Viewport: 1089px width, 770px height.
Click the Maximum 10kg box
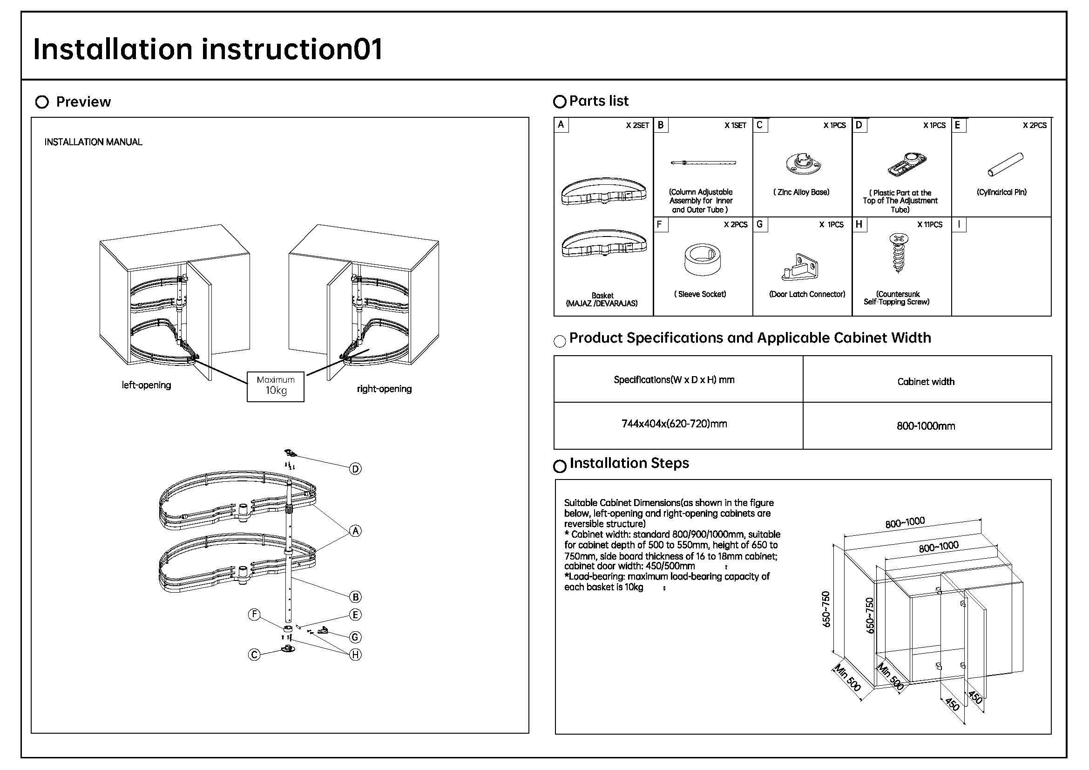tap(275, 386)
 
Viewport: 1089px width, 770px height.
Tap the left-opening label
tap(146, 385)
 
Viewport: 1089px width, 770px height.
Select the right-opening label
tap(384, 389)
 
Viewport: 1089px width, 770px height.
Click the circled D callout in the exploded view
tap(355, 469)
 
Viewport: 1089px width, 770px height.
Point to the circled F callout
tap(254, 615)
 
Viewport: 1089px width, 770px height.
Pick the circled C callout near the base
tap(254, 655)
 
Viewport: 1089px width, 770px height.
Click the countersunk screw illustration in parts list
tap(898, 253)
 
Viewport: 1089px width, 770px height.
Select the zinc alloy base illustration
tap(803, 163)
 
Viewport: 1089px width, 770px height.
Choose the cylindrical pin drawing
tap(1005, 164)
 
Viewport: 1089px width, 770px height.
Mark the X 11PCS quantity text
tap(930, 225)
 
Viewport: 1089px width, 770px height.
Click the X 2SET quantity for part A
tap(637, 126)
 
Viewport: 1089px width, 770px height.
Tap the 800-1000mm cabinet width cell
tap(926, 426)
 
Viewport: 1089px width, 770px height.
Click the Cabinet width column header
tap(926, 382)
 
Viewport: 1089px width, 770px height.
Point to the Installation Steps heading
tap(629, 463)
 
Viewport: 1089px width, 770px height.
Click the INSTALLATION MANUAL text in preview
tap(94, 142)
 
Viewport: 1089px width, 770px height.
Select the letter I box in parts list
tap(959, 224)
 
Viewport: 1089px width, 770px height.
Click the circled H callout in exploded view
tap(355, 655)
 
